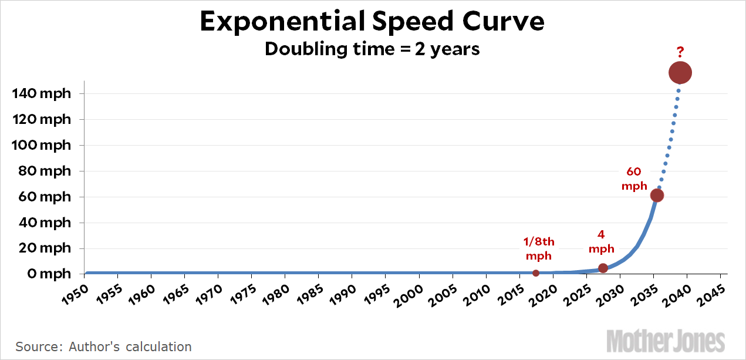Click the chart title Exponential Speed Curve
pyautogui.click(x=372, y=22)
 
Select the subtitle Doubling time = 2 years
pyautogui.click(x=372, y=49)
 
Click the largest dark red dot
pyautogui.click(x=680, y=73)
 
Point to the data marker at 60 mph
pyautogui.click(x=657, y=195)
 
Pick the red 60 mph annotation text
pyautogui.click(x=634, y=179)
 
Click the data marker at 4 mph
pyautogui.click(x=603, y=268)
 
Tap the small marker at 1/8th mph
pyautogui.click(x=536, y=273)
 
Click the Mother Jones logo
pyautogui.click(x=666, y=340)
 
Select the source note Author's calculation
pyautogui.click(x=103, y=346)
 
